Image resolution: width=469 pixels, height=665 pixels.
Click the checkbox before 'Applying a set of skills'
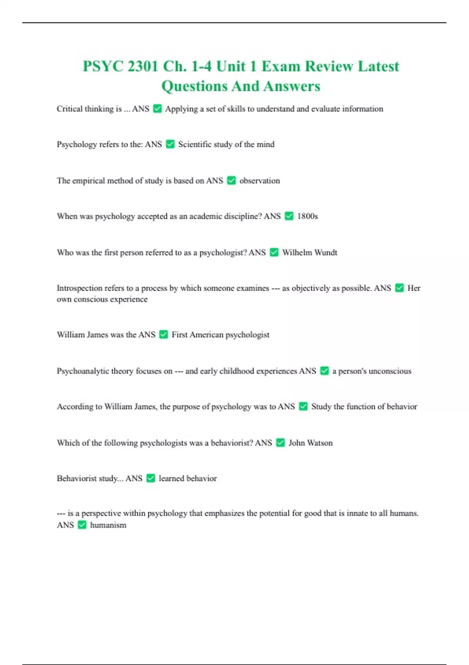[158, 109]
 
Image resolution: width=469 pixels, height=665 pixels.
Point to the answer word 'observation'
[260, 181]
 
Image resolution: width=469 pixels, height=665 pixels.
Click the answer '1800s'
[307, 216]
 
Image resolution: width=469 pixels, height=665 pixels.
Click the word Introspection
[79, 288]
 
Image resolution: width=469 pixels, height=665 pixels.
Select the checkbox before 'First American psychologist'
[164, 334]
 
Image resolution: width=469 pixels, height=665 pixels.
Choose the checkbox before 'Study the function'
[303, 406]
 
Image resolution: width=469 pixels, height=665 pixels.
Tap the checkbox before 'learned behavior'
[151, 478]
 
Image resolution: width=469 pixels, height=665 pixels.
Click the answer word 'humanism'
[108, 525]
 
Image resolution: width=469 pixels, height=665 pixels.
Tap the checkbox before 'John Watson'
[280, 442]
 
